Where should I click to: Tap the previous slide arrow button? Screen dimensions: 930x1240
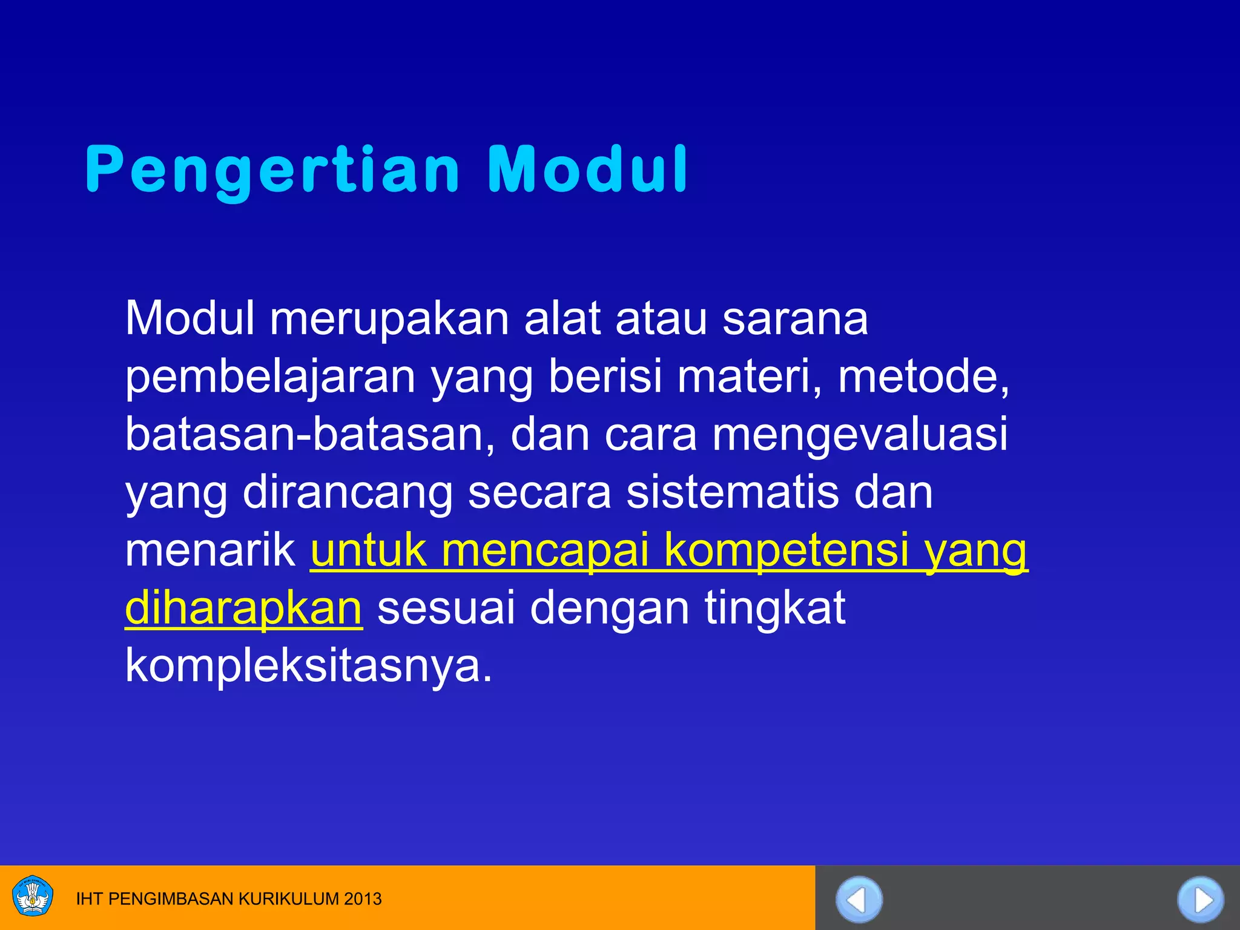point(859,900)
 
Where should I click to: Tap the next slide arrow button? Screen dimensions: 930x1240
point(1201,900)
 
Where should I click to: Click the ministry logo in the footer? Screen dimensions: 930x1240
point(33,896)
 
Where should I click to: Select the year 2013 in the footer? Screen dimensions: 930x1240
point(363,899)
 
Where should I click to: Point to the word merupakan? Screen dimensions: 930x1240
point(389,320)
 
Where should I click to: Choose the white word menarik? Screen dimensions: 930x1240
point(209,550)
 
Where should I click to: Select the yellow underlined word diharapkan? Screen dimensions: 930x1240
point(243,608)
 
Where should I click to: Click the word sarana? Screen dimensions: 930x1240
point(795,320)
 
